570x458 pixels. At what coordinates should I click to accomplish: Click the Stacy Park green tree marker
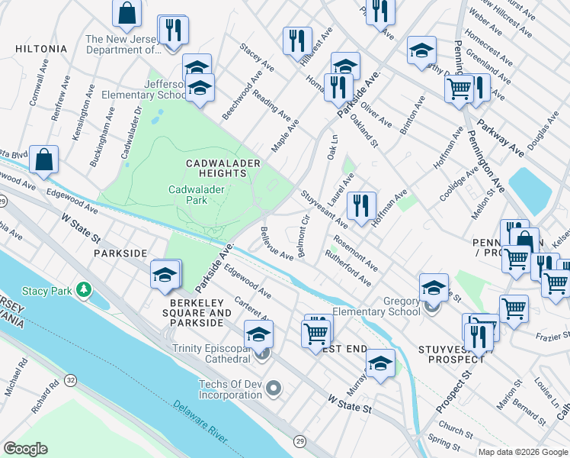tap(84, 290)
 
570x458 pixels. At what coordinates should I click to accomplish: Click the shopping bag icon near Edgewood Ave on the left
tap(45, 160)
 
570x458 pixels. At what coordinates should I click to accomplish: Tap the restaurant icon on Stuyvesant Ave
tap(361, 204)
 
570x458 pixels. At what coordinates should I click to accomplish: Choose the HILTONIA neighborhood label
tap(41, 49)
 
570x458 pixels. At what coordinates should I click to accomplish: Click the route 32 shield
tap(71, 379)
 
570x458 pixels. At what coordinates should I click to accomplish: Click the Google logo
tap(25, 448)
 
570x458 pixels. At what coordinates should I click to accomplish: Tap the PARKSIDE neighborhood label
tap(119, 252)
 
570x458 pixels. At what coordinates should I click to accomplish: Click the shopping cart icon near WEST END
tap(315, 332)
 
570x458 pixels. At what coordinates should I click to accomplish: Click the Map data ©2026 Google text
tap(523, 452)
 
